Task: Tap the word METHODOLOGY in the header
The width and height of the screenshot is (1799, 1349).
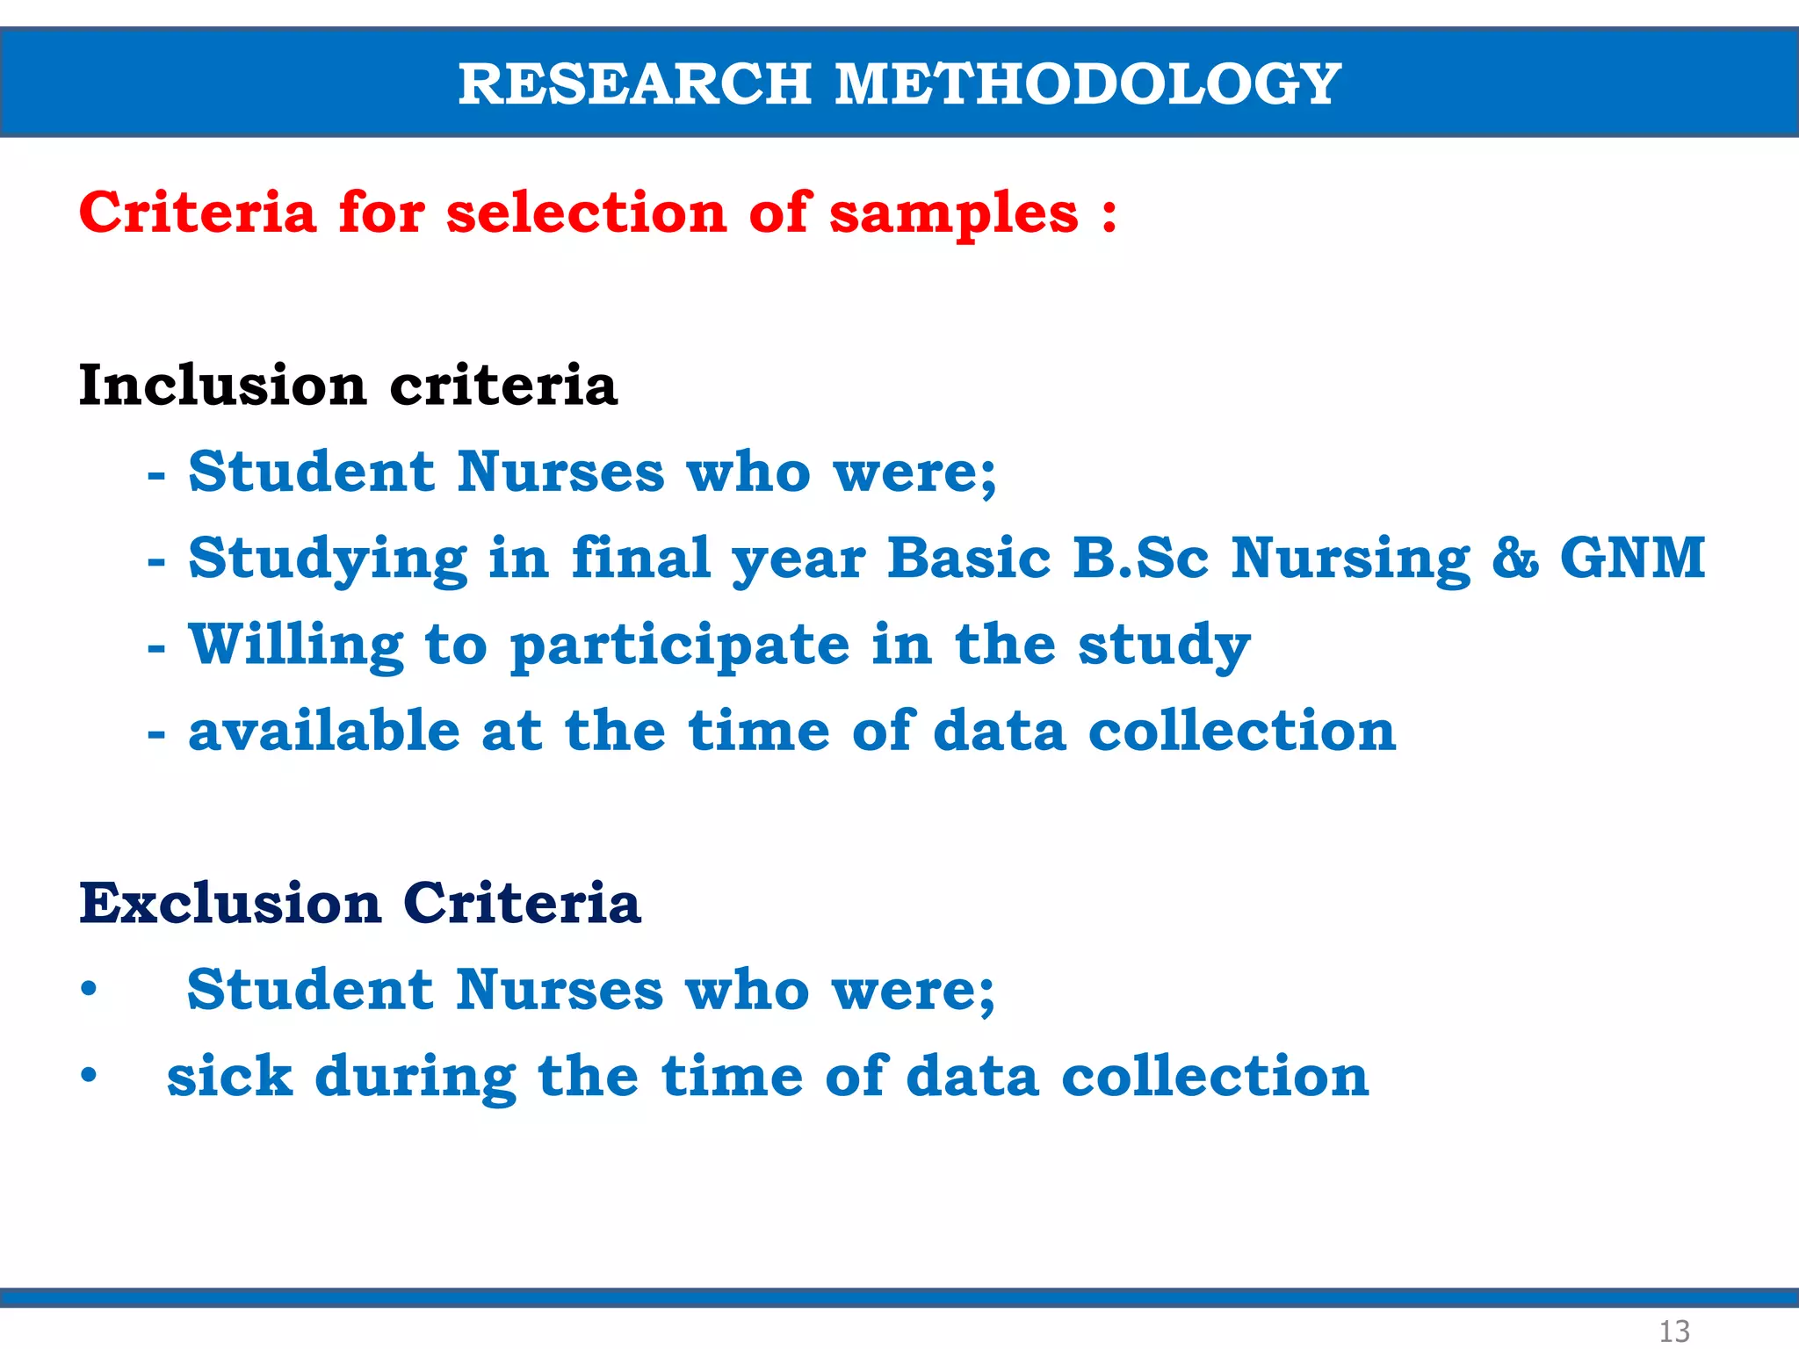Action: pos(1087,84)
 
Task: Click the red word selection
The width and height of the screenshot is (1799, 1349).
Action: pos(586,213)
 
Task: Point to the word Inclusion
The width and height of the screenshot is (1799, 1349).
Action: pos(222,386)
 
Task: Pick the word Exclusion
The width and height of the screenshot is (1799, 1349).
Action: pos(230,904)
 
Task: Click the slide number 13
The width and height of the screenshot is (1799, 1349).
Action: pos(1673,1331)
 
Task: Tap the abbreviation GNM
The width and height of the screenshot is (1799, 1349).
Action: pos(1632,558)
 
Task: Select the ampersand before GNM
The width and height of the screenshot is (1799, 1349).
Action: pos(1515,559)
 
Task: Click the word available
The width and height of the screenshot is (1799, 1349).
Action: pos(324,731)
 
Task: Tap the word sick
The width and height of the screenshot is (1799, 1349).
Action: pos(229,1076)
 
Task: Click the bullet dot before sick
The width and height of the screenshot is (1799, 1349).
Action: pos(89,1075)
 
